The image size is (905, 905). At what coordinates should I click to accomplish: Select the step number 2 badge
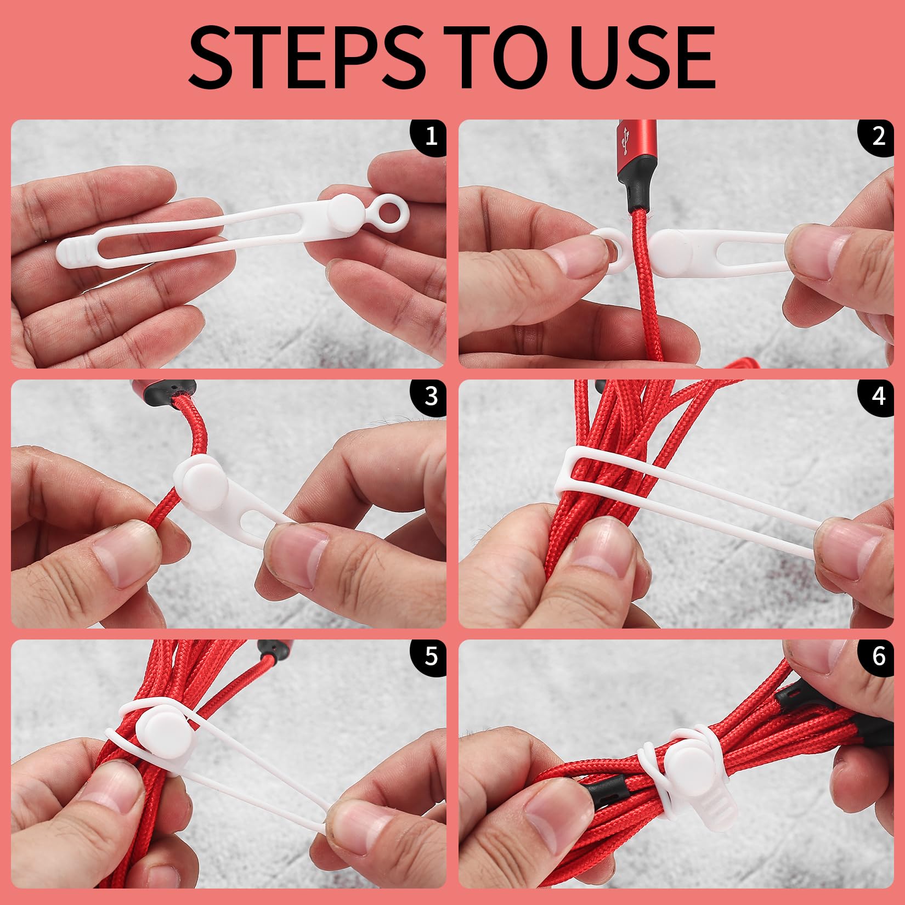point(879,135)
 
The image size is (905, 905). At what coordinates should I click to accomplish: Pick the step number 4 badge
point(879,395)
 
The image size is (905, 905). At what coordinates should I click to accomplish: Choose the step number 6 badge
point(879,655)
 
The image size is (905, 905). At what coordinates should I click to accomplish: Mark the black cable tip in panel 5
point(273,649)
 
